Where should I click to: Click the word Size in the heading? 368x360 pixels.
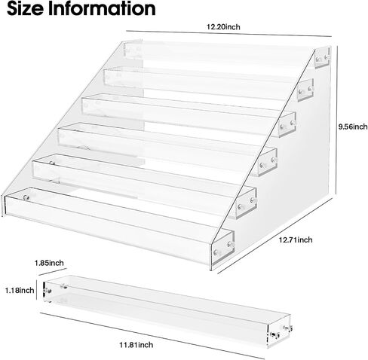tap(25, 9)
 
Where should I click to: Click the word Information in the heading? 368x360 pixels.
tap(102, 9)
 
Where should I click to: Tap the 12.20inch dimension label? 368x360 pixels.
tap(223, 26)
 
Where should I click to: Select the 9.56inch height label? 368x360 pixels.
tap(353, 127)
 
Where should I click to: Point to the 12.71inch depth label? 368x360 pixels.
tap(296, 239)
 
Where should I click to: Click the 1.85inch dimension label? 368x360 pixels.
tap(49, 263)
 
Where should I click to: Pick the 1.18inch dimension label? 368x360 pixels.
tap(20, 290)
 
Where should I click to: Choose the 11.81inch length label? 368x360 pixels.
tap(136, 345)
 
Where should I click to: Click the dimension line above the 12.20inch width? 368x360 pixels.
tap(229, 34)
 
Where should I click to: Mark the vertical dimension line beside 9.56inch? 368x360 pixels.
tap(336, 120)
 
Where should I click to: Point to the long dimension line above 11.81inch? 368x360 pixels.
tap(152, 335)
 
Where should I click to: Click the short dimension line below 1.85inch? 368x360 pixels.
tap(53, 272)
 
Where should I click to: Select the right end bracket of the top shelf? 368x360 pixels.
tap(322, 58)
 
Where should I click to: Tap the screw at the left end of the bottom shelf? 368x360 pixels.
tap(26, 197)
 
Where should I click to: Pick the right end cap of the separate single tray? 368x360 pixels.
tap(279, 331)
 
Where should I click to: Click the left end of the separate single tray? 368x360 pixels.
tap(47, 291)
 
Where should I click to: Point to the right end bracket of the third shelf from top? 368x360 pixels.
tap(287, 125)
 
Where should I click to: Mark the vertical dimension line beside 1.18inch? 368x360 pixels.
tap(37, 290)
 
